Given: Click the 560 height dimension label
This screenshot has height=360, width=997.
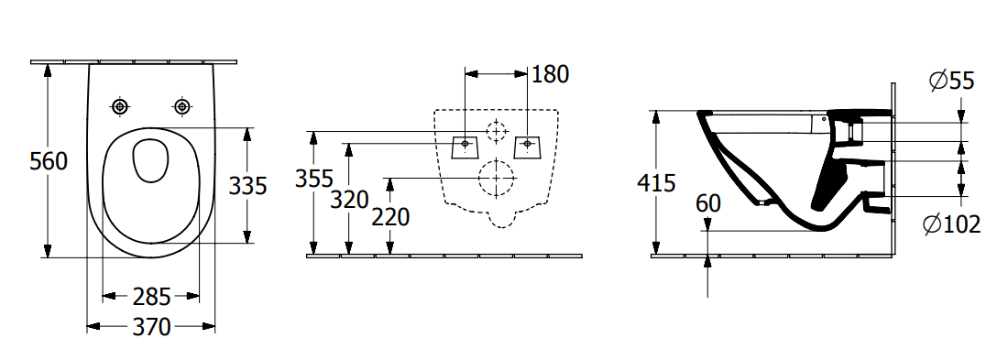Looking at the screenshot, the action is [x=49, y=161].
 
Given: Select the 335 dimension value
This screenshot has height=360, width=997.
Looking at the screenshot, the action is [x=248, y=186].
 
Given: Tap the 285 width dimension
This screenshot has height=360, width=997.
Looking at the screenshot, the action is [x=152, y=297].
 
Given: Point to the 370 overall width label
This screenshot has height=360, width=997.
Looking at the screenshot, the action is [x=152, y=327].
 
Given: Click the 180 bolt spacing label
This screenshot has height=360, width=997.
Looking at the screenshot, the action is [x=550, y=74].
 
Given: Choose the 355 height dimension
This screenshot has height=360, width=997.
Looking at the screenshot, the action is [x=314, y=179].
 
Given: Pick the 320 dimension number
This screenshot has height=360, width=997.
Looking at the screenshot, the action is [x=350, y=200].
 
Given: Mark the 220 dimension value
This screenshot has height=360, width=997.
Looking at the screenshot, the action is [x=390, y=217].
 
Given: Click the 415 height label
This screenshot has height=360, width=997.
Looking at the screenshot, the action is [x=656, y=183].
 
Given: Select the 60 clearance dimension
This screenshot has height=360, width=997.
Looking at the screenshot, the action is [x=708, y=203].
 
